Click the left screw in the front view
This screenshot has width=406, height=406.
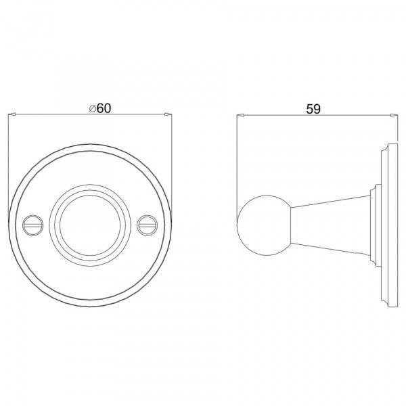[33, 225]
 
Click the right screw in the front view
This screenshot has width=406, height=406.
[147, 225]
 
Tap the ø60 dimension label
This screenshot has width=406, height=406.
[100, 108]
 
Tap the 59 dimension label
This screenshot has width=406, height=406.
[313, 109]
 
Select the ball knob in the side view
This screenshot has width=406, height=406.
[264, 225]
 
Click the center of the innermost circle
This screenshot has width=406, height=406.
[90, 225]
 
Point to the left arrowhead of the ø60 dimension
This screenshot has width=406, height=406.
[12, 114]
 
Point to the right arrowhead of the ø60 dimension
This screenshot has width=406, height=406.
[168, 114]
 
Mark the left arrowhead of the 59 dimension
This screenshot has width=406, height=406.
[241, 115]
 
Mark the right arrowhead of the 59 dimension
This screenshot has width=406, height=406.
[394, 115]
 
